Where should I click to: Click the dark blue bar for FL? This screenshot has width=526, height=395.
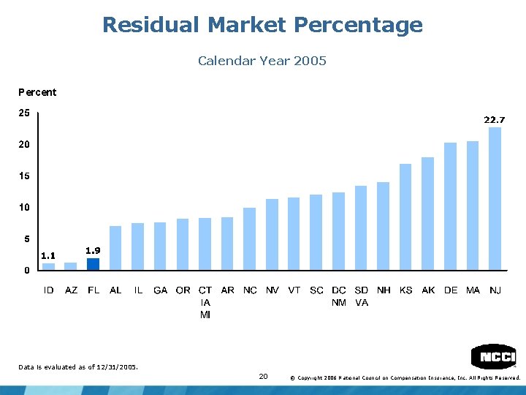pos(93,264)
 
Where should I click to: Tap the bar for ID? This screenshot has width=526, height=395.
pos(48,266)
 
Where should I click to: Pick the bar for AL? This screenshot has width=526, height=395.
pos(115,248)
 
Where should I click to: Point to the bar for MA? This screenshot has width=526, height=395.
pos(473,206)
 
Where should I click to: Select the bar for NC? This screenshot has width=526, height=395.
pos(250,238)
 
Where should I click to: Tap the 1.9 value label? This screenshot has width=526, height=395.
pos(93,250)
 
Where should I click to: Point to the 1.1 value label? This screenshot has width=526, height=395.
pos(48,255)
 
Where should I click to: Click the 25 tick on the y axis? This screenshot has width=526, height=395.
pos(24,113)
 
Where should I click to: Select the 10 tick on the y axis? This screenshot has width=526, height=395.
pos(24,208)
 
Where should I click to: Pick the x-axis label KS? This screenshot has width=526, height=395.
pos(405,290)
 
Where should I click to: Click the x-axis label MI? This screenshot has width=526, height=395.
pos(205,315)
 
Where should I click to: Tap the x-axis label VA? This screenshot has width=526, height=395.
pos(361,303)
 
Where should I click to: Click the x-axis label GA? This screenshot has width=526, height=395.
pos(160,290)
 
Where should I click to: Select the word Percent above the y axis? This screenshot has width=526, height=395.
pos(37,92)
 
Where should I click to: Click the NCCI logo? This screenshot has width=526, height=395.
pos(493,356)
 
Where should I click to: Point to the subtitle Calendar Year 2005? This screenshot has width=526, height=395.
pos(262,61)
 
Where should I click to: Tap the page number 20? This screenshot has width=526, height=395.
pos(263,376)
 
